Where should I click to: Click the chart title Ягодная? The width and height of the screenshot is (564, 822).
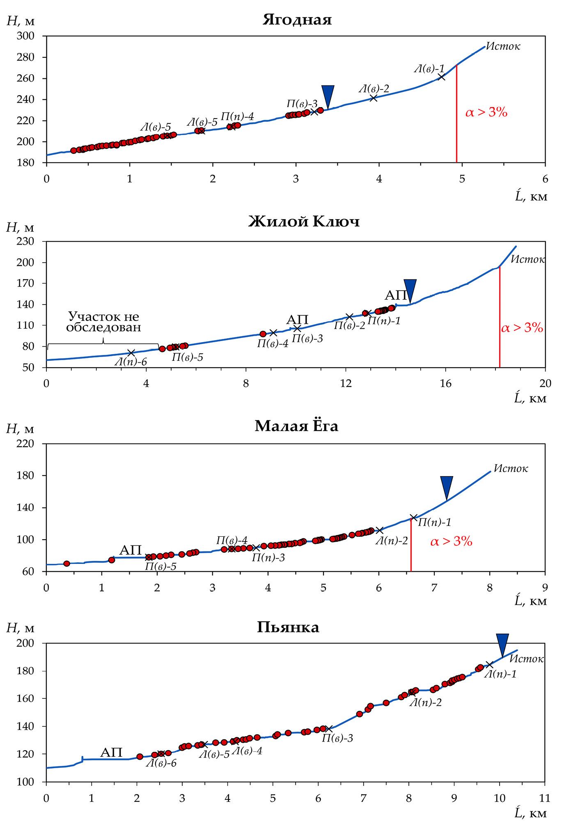tap(297, 20)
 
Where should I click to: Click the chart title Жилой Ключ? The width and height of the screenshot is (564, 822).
tap(304, 222)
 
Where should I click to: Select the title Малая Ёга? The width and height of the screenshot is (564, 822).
tap(296, 426)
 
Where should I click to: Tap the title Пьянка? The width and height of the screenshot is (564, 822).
tap(288, 627)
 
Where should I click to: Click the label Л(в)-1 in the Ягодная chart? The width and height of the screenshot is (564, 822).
tap(429, 69)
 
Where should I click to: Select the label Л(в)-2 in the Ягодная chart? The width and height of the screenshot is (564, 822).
tap(374, 89)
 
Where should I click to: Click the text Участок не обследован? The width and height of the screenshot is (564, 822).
tap(103, 322)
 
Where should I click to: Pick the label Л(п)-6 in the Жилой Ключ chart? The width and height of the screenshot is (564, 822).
tap(131, 362)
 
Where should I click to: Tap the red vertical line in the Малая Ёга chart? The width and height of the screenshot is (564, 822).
tap(411, 546)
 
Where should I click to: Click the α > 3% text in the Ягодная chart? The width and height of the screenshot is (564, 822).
tap(486, 112)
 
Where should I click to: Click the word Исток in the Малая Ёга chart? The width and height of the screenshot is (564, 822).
tap(511, 468)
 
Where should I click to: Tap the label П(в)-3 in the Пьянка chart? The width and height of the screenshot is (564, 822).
tap(337, 738)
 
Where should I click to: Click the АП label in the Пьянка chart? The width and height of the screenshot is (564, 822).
tap(112, 752)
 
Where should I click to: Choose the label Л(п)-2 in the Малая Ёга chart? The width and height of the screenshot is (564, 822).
tap(392, 540)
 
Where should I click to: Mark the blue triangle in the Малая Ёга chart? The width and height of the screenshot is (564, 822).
tap(447, 486)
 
